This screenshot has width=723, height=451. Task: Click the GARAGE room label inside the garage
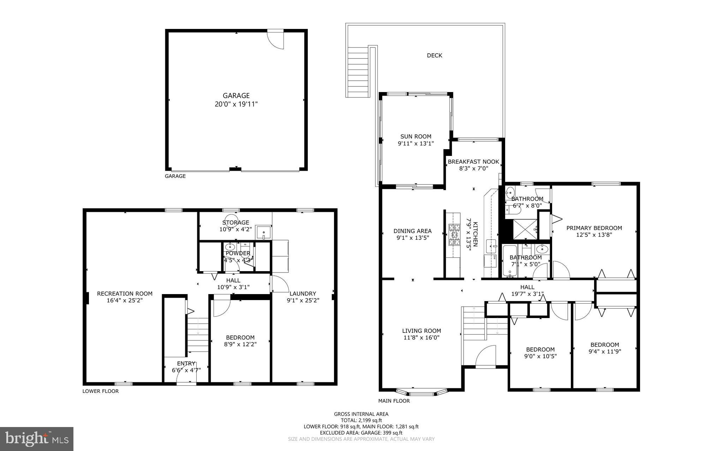[236, 96]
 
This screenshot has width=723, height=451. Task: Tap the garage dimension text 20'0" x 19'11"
[236, 104]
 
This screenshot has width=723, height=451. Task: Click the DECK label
[434, 55]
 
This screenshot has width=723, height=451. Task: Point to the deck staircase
[358, 72]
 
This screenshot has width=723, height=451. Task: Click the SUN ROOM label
[416, 136]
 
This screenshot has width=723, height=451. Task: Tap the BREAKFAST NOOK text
[473, 162]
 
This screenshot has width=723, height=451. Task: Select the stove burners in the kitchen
[454, 234]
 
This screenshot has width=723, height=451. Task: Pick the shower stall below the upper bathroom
[525, 229]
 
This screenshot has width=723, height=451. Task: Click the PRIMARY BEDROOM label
[594, 228]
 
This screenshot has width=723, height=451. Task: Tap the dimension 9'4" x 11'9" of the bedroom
[604, 351]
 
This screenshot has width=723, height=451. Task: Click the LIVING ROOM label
[422, 331]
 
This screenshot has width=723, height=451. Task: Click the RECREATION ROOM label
[125, 293]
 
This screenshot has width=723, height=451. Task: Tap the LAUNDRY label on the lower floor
[303, 293]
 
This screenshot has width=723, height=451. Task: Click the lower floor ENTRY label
[186, 364]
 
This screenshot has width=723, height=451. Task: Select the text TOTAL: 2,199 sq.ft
[361, 420]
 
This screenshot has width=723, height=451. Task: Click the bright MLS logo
[37, 439]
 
